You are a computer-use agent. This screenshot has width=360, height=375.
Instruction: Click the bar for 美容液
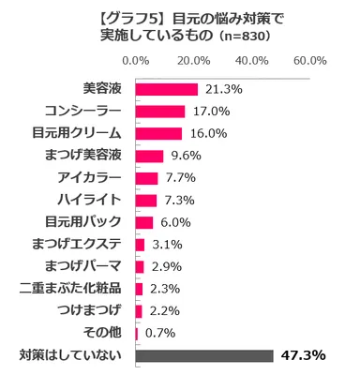[166, 89]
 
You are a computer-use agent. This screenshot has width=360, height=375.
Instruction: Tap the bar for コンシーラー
[160, 112]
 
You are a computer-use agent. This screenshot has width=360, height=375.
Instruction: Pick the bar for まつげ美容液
[149, 156]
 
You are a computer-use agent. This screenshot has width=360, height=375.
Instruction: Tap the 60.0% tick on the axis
[309, 61]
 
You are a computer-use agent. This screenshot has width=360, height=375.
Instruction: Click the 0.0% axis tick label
[136, 61]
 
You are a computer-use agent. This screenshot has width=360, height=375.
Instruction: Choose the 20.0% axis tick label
[194, 61]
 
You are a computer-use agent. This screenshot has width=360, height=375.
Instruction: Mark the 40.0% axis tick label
[251, 61]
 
